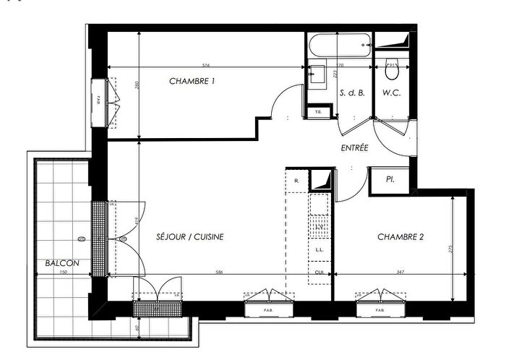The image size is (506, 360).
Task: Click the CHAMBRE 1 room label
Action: coord(192,81)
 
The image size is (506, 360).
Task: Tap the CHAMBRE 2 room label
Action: coord(399,236)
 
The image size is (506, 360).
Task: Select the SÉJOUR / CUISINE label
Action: coord(189,236)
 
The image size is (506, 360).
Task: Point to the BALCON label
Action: coord(61,263)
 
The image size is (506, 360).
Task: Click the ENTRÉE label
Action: coord(354,147)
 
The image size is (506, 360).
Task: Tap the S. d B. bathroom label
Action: coord(351,93)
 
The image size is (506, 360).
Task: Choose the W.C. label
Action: coord(393,93)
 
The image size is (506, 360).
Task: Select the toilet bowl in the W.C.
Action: coord(393,71)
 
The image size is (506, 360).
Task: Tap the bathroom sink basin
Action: coord(316,73)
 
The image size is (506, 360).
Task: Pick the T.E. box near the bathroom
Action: coord(318,112)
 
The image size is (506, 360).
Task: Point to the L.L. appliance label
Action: coord(319,250)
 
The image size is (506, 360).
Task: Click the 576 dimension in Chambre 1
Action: coord(205,65)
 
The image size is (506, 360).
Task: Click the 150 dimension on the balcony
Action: coord(63,272)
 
